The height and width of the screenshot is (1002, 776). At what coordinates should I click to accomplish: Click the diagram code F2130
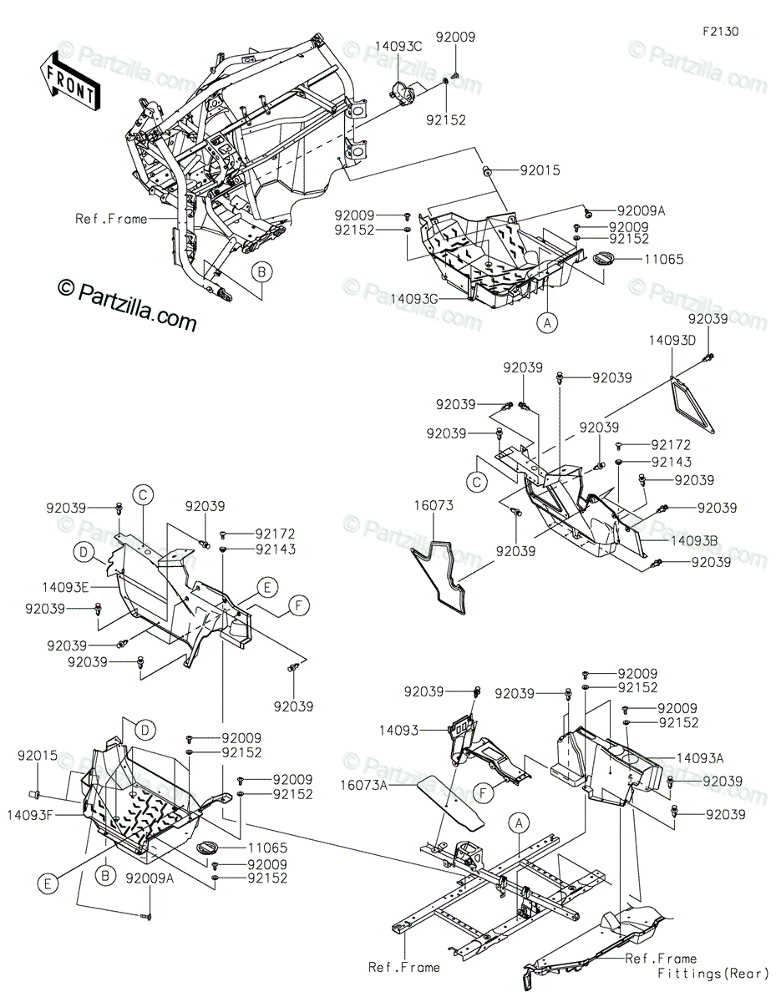pos(720,31)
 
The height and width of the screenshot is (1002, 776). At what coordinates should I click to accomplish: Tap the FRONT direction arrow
pos(68,82)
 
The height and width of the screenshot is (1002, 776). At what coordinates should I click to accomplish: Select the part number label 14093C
pos(398,47)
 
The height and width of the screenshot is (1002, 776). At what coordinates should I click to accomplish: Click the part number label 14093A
pos(700,757)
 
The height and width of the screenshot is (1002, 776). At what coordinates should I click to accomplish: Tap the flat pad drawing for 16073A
pos(453,801)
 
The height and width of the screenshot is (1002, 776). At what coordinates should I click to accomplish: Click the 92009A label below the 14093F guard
pos(151,878)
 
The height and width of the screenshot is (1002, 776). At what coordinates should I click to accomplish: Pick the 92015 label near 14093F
pos(37,755)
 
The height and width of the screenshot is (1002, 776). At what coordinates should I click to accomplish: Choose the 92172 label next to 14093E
pos(276,533)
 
